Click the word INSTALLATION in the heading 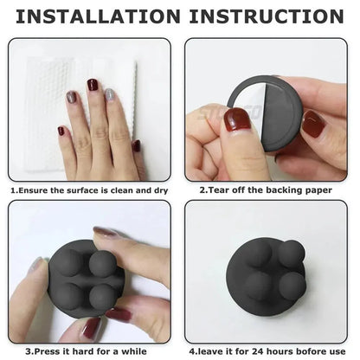coord(96,17)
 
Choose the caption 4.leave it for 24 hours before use coord(271,352)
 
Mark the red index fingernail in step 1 coord(93,85)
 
